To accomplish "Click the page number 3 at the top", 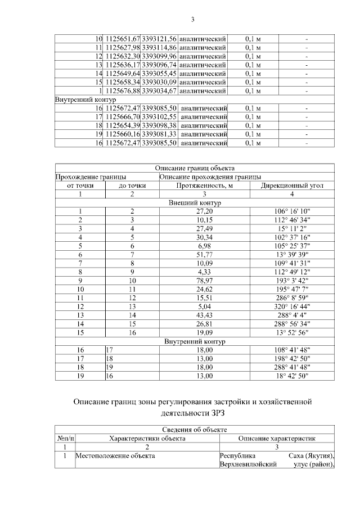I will coord(192,20).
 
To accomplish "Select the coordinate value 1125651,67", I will coord(122,39).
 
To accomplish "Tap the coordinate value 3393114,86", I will coord(160,48).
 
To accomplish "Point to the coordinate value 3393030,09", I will coord(160,82).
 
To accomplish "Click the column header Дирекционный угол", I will coord(291,185).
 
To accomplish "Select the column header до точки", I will coord(133,185).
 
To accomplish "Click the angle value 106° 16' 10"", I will coord(291,211).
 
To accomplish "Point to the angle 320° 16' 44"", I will coord(291,306).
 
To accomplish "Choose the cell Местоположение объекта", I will coord(115,456).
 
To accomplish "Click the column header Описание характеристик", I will coord(276,439).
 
